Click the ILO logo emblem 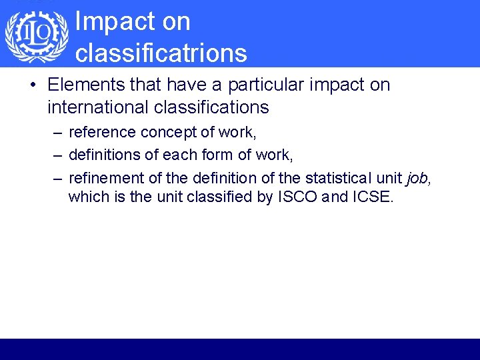[37, 37]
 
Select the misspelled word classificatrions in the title [161, 53]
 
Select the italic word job [416, 178]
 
